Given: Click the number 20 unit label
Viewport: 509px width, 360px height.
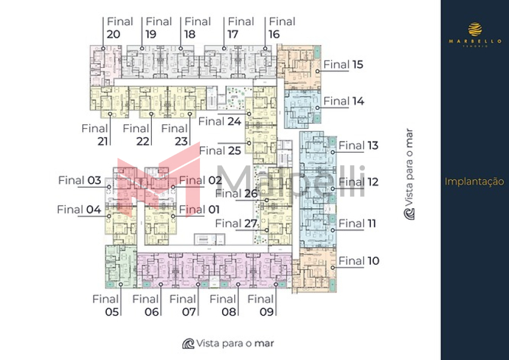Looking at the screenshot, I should click(x=113, y=34).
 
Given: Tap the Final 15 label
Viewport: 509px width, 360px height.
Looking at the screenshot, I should click(x=343, y=64).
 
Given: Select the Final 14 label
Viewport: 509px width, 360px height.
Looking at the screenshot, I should click(x=343, y=101).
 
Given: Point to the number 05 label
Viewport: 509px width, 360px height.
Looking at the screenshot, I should click(x=112, y=311).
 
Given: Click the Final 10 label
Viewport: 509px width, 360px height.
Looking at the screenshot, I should click(x=359, y=261).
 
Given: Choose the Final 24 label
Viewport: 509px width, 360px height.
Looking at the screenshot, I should click(x=220, y=121).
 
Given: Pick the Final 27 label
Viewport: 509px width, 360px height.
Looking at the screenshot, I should click(x=236, y=224).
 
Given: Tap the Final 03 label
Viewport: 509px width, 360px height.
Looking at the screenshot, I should click(x=80, y=180).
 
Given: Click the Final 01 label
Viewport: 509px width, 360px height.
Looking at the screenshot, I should click(x=200, y=209).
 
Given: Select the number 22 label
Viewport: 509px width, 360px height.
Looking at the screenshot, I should click(x=142, y=141).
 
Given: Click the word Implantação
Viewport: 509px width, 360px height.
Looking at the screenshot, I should click(x=474, y=182).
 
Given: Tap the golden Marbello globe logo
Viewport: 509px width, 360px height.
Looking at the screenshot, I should click(x=475, y=29).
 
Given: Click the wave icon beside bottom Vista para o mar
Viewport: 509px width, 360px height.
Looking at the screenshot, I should click(x=188, y=343).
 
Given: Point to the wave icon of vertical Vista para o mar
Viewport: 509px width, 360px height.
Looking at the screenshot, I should click(x=409, y=214).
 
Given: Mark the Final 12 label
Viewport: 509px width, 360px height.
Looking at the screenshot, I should click(x=359, y=182).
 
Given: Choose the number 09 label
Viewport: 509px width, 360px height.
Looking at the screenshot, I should click(x=267, y=311).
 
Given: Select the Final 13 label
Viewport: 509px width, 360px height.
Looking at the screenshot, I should click(x=359, y=145).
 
